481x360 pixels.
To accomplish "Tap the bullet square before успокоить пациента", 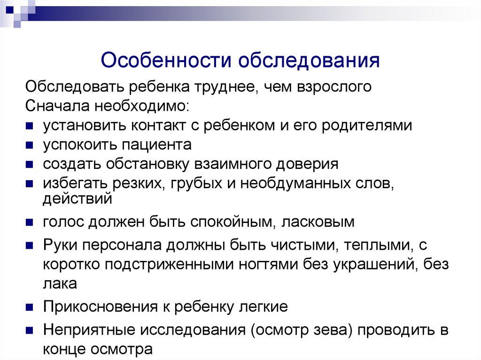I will (29, 145).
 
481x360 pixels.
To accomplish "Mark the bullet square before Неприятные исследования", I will (29, 329).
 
